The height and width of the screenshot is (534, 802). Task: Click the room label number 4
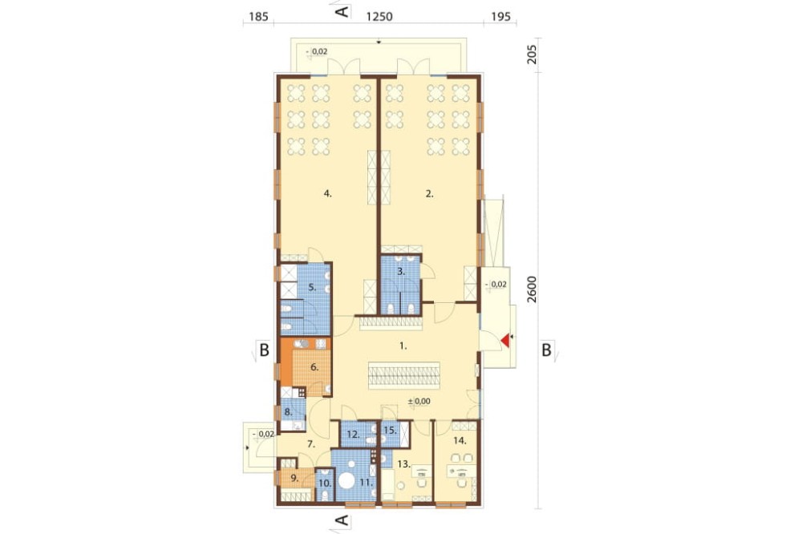tap(328, 193)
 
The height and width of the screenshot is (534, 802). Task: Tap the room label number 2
tap(430, 193)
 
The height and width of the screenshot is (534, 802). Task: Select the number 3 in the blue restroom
tap(401, 272)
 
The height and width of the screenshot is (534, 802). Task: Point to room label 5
tap(312, 288)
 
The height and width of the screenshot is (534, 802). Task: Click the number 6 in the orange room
tap(314, 366)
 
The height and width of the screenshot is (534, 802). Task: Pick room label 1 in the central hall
tap(403, 346)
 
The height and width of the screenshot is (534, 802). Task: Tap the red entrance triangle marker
tap(505, 341)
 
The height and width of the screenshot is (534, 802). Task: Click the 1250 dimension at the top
tap(379, 16)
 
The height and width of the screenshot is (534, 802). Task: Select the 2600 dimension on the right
tap(532, 289)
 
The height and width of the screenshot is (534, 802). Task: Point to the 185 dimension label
tap(258, 16)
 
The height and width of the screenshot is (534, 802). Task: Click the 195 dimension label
tap(500, 16)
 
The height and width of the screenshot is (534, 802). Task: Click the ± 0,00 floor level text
tap(419, 402)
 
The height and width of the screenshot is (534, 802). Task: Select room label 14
tap(460, 440)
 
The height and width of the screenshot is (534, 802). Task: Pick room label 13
tap(404, 464)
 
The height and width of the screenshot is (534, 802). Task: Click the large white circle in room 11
tap(348, 482)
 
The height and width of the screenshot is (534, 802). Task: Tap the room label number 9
tap(294, 478)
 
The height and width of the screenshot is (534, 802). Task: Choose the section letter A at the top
tap(342, 11)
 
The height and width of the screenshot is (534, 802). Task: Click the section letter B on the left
tap(264, 350)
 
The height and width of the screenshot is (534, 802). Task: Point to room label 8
tap(288, 411)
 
